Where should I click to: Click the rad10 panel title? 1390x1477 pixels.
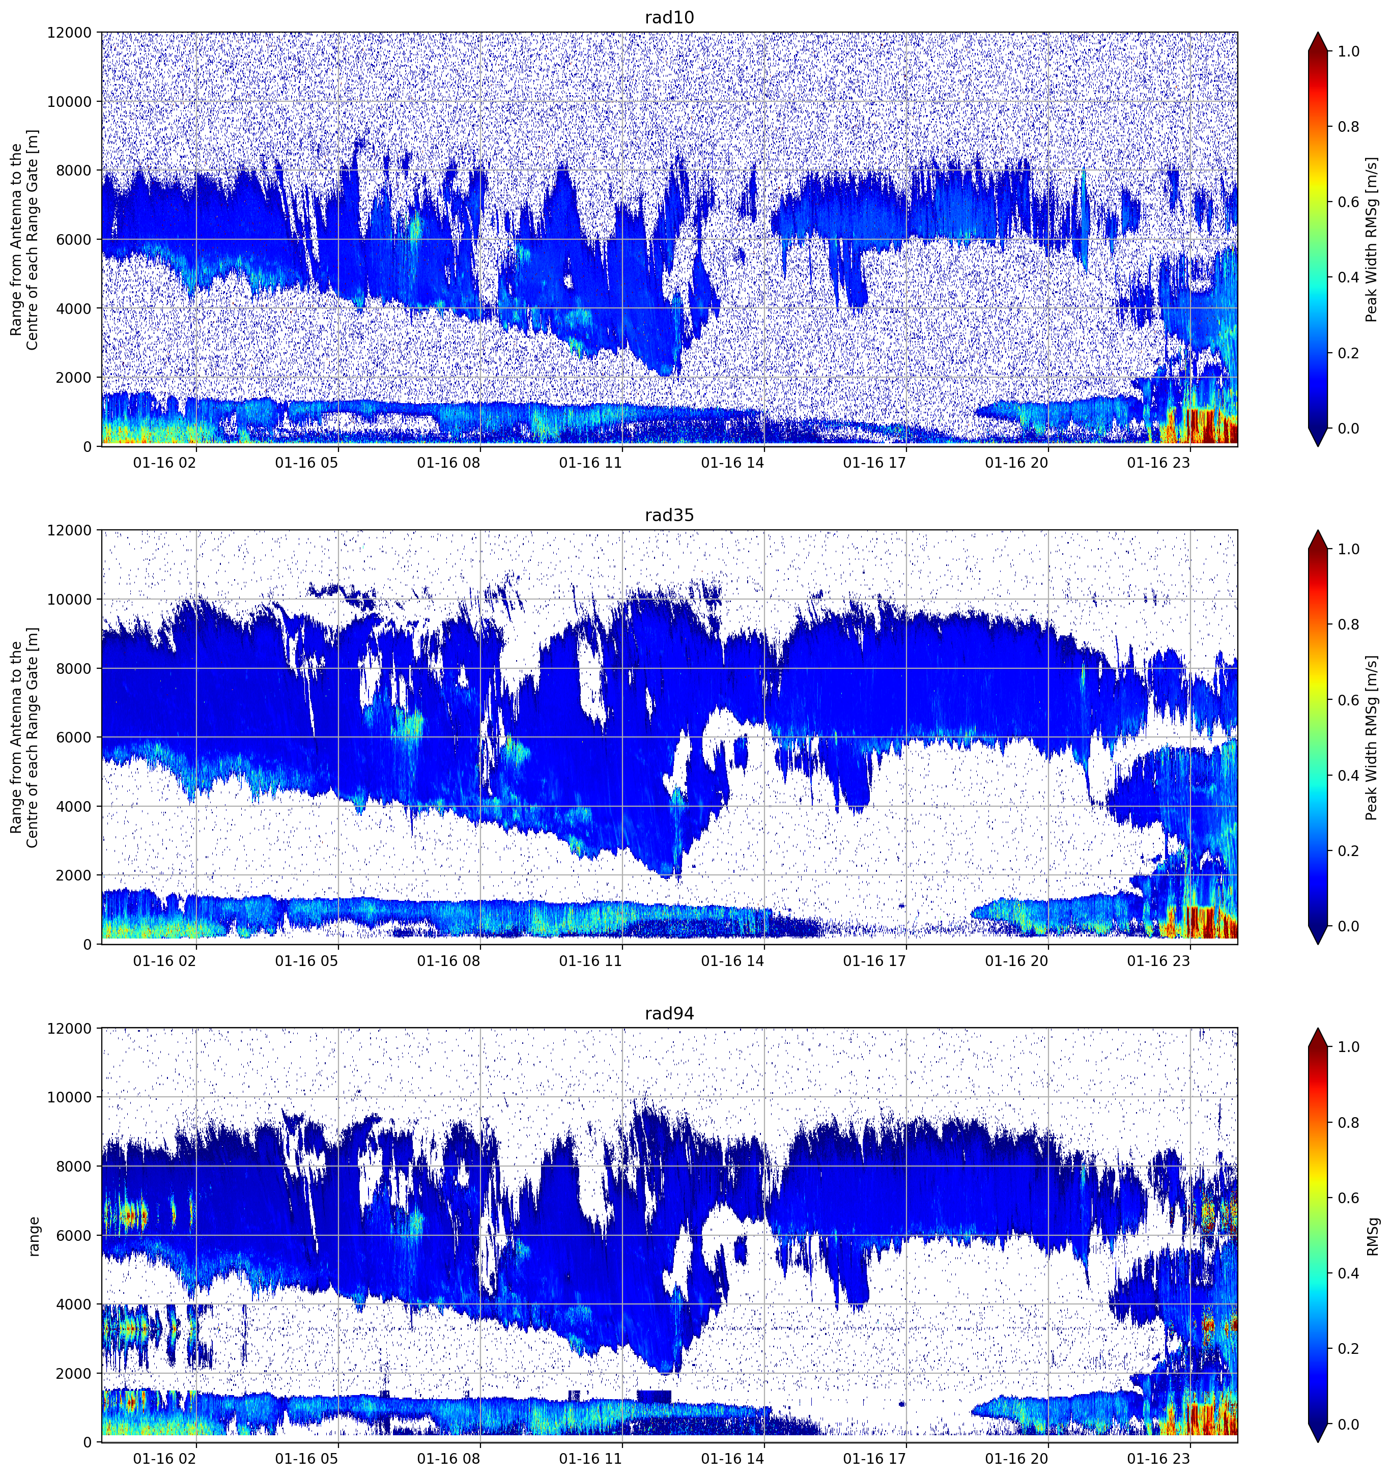tap(669, 18)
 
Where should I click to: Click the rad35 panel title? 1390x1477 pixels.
tap(669, 516)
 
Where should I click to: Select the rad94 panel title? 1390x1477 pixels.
tap(669, 1013)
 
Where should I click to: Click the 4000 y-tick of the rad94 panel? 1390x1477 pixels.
tap(74, 1304)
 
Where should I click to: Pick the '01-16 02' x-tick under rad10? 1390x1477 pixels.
tap(165, 463)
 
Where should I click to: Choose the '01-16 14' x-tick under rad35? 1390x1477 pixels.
tap(732, 960)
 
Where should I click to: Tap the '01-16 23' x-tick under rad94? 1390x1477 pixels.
tap(1158, 1459)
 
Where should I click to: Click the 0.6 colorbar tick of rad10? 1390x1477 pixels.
tap(1348, 202)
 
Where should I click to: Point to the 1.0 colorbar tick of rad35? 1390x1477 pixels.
tap(1348, 549)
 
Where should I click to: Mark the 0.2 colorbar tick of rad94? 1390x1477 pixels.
tap(1348, 1348)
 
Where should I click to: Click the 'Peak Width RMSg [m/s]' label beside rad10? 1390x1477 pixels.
tap(1372, 239)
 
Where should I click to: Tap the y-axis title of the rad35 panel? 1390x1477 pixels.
tap(25, 737)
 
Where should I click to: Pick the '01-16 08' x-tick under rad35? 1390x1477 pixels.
tap(449, 960)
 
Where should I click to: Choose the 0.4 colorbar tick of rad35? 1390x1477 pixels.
tap(1348, 776)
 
